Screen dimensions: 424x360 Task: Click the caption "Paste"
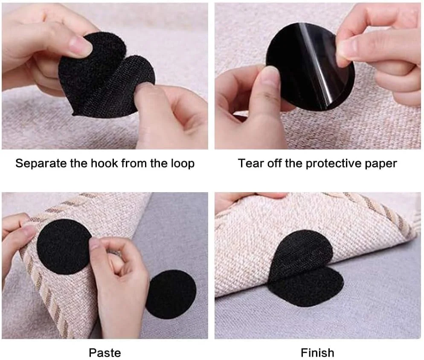(105, 353)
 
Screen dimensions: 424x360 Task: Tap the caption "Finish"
(317, 353)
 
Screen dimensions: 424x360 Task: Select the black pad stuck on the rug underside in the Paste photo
(64, 247)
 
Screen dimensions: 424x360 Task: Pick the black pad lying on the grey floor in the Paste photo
(171, 294)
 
